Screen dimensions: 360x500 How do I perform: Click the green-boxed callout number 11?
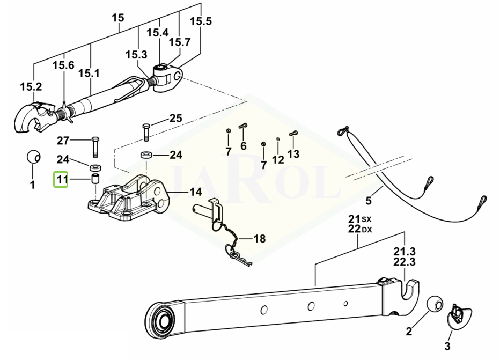click(61, 179)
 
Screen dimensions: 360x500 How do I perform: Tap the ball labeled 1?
click(33, 158)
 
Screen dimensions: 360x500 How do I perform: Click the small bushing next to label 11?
click(95, 178)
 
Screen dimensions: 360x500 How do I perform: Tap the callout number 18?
click(259, 238)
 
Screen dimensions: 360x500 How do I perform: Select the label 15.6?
click(63, 65)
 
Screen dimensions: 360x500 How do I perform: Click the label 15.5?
click(201, 21)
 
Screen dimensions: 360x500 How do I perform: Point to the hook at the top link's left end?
click(31, 115)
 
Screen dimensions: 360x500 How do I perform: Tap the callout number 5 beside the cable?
click(368, 201)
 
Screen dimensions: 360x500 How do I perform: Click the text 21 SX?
click(359, 219)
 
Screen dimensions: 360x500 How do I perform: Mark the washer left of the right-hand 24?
click(145, 156)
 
